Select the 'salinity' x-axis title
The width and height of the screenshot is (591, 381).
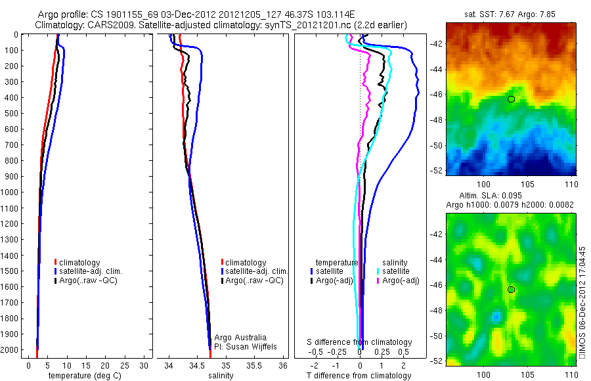click(221, 376)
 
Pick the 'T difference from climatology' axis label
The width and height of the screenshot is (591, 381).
click(359, 376)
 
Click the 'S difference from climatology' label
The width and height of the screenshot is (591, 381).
click(360, 342)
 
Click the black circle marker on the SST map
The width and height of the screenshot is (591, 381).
click(511, 99)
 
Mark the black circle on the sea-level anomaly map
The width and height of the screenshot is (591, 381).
click(511, 290)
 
